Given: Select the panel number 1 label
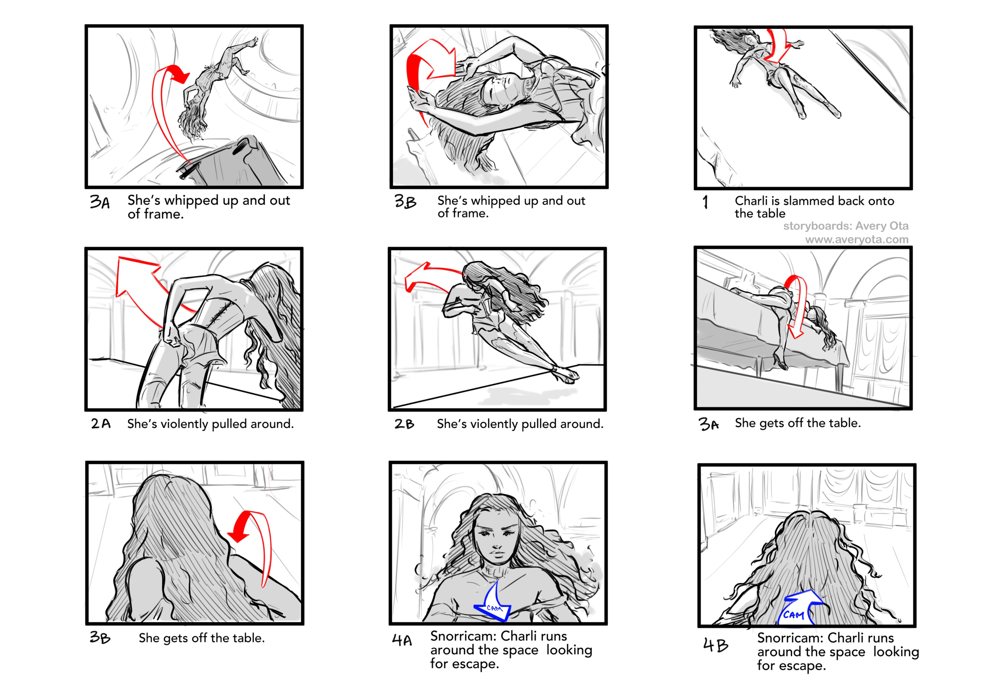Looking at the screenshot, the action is click(x=705, y=202).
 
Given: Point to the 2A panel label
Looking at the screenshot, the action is click(x=101, y=423).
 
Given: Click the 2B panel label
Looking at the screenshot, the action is click(x=404, y=424).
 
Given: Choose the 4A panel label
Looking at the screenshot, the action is click(x=402, y=640).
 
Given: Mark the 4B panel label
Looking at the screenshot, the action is click(x=716, y=645).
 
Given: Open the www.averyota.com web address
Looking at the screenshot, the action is click(x=857, y=239).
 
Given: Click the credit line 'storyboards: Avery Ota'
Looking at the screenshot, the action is click(x=846, y=226).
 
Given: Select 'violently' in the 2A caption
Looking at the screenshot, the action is click(x=182, y=424).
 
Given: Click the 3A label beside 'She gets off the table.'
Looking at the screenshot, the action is click(x=709, y=424).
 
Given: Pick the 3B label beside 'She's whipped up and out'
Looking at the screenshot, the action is click(x=405, y=201).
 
